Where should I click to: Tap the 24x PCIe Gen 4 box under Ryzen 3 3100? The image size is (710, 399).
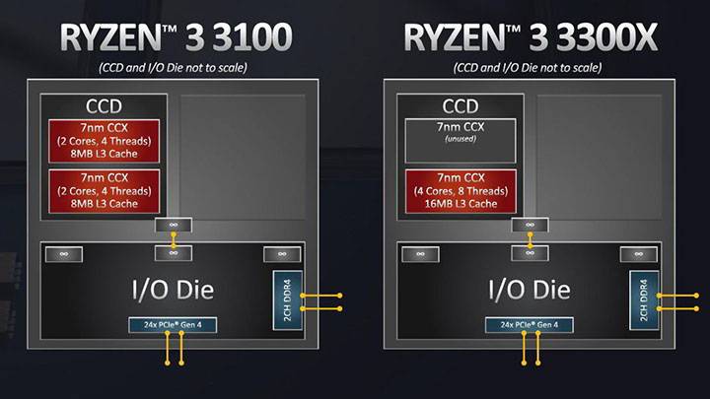click(173, 324)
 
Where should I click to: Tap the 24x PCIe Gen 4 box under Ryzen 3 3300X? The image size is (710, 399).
click(530, 324)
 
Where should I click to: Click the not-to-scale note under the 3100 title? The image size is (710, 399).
click(176, 67)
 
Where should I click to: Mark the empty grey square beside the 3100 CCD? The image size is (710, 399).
click(243, 158)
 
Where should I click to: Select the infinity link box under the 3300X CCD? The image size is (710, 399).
click(530, 226)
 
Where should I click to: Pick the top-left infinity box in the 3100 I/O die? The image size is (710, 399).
click(64, 254)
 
